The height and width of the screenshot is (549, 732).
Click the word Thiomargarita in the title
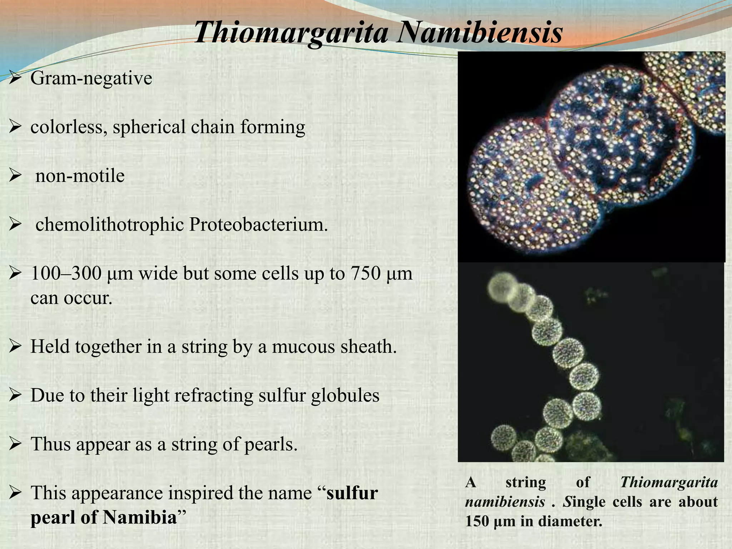(291, 33)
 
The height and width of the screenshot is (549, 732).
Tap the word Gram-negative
(91, 78)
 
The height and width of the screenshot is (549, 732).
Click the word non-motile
(80, 176)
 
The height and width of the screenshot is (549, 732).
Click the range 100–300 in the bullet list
(66, 273)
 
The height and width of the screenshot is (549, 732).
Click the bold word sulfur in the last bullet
(352, 493)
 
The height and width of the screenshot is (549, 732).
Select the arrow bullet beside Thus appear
(16, 444)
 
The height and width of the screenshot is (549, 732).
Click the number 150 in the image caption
(477, 521)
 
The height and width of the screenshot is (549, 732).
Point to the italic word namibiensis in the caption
(505, 502)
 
